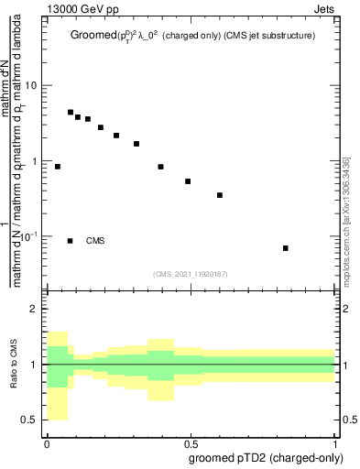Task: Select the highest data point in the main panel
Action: tap(71, 113)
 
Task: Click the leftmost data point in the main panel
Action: tap(58, 167)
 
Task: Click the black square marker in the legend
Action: tap(71, 241)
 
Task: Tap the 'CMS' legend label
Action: tap(95, 241)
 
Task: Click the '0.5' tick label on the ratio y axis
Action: tap(30, 420)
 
